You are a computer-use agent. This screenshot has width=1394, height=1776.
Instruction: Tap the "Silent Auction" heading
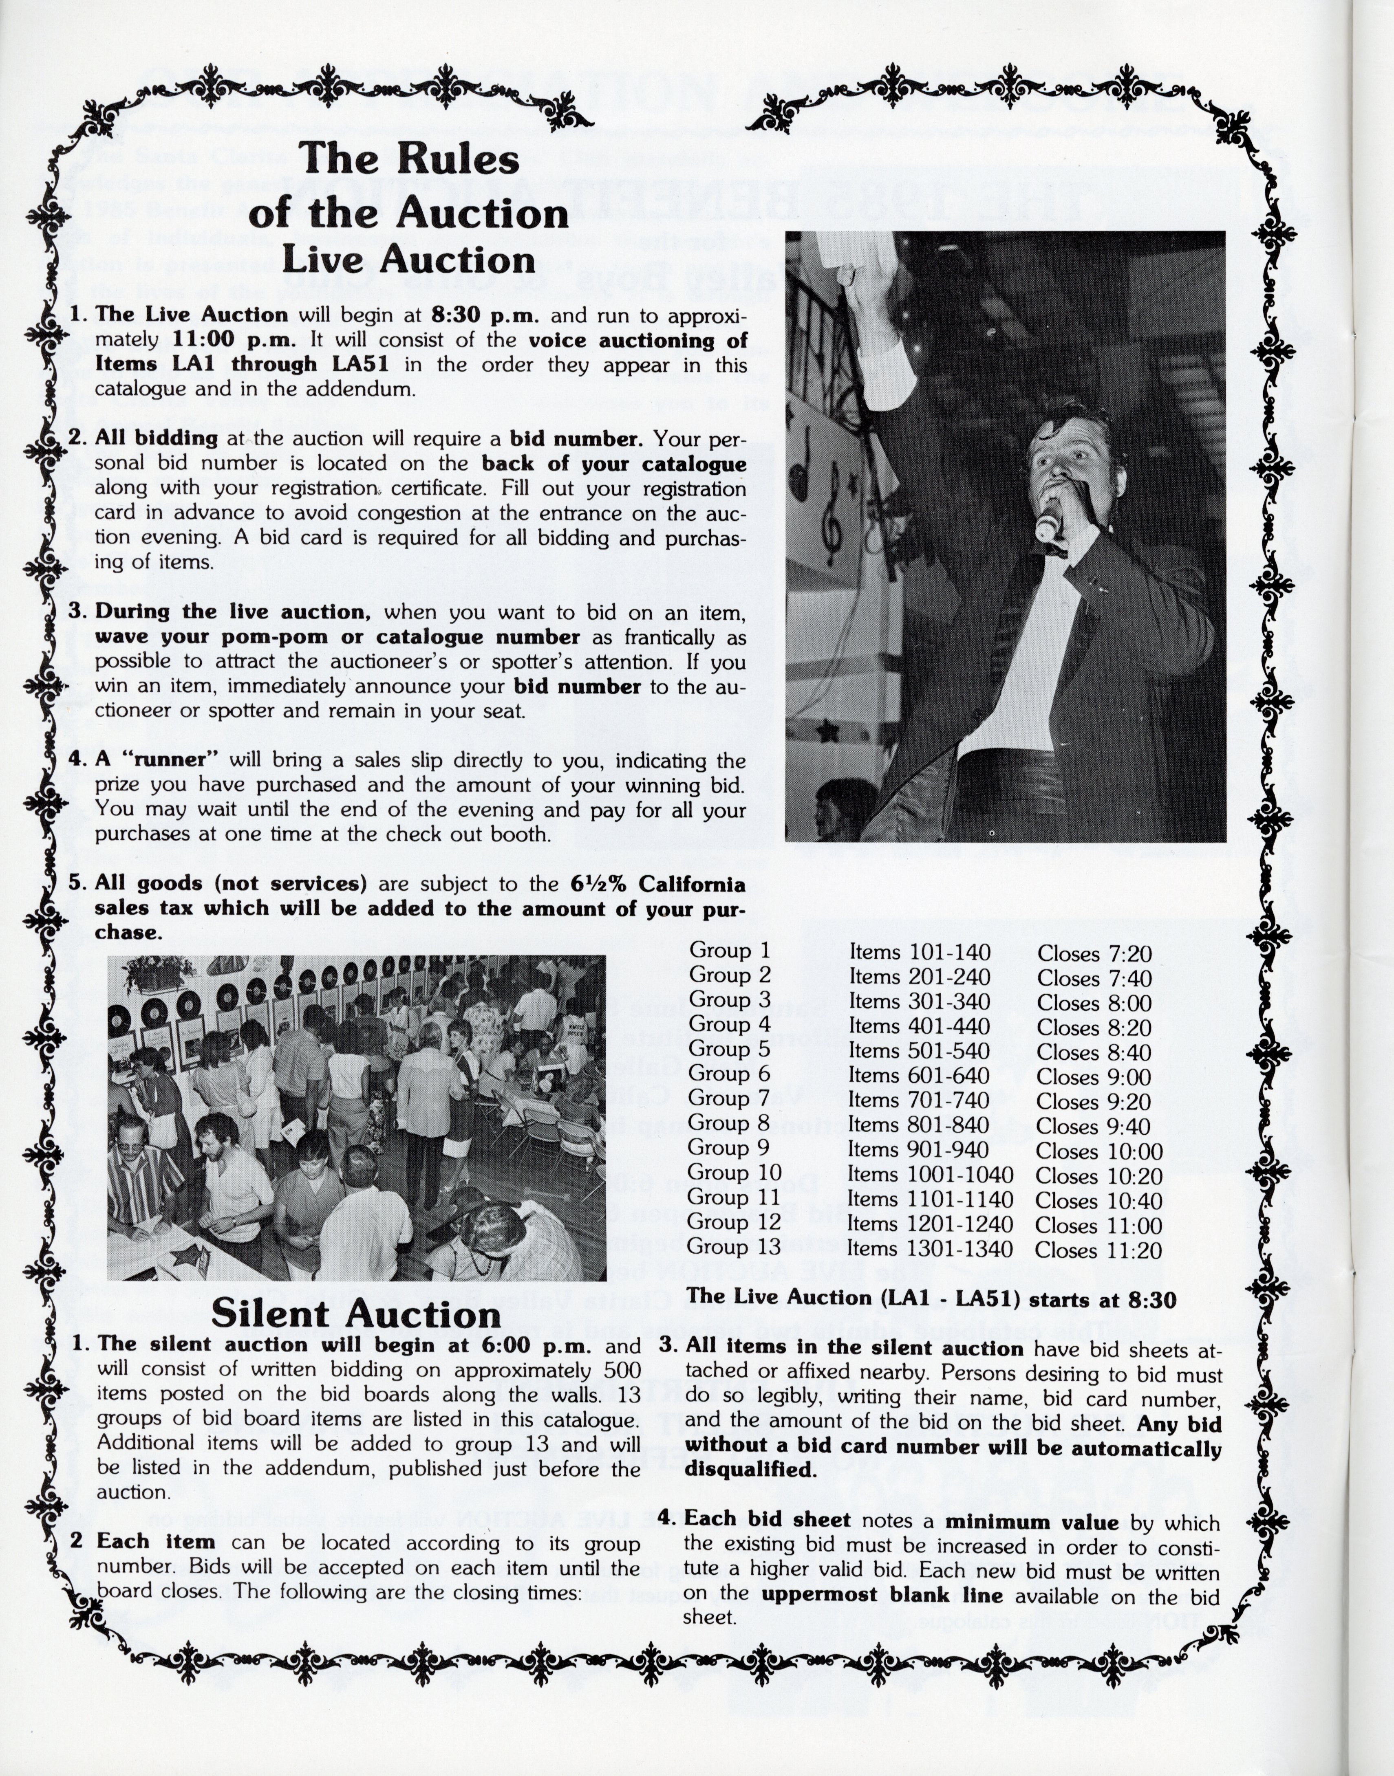[356, 1314]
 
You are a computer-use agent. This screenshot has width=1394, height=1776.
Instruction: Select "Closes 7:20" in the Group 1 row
[1094, 953]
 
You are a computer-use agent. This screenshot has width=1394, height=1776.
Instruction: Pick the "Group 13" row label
[733, 1248]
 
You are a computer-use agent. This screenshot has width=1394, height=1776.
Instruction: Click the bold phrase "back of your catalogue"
[614, 464]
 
